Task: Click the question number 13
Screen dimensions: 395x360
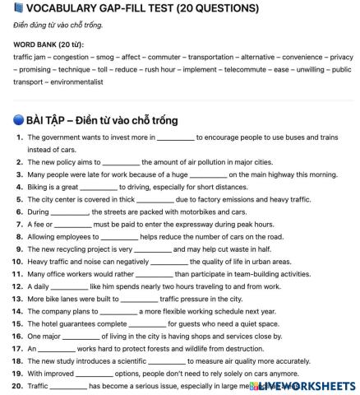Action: [18, 299]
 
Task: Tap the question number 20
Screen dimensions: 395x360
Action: [18, 385]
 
